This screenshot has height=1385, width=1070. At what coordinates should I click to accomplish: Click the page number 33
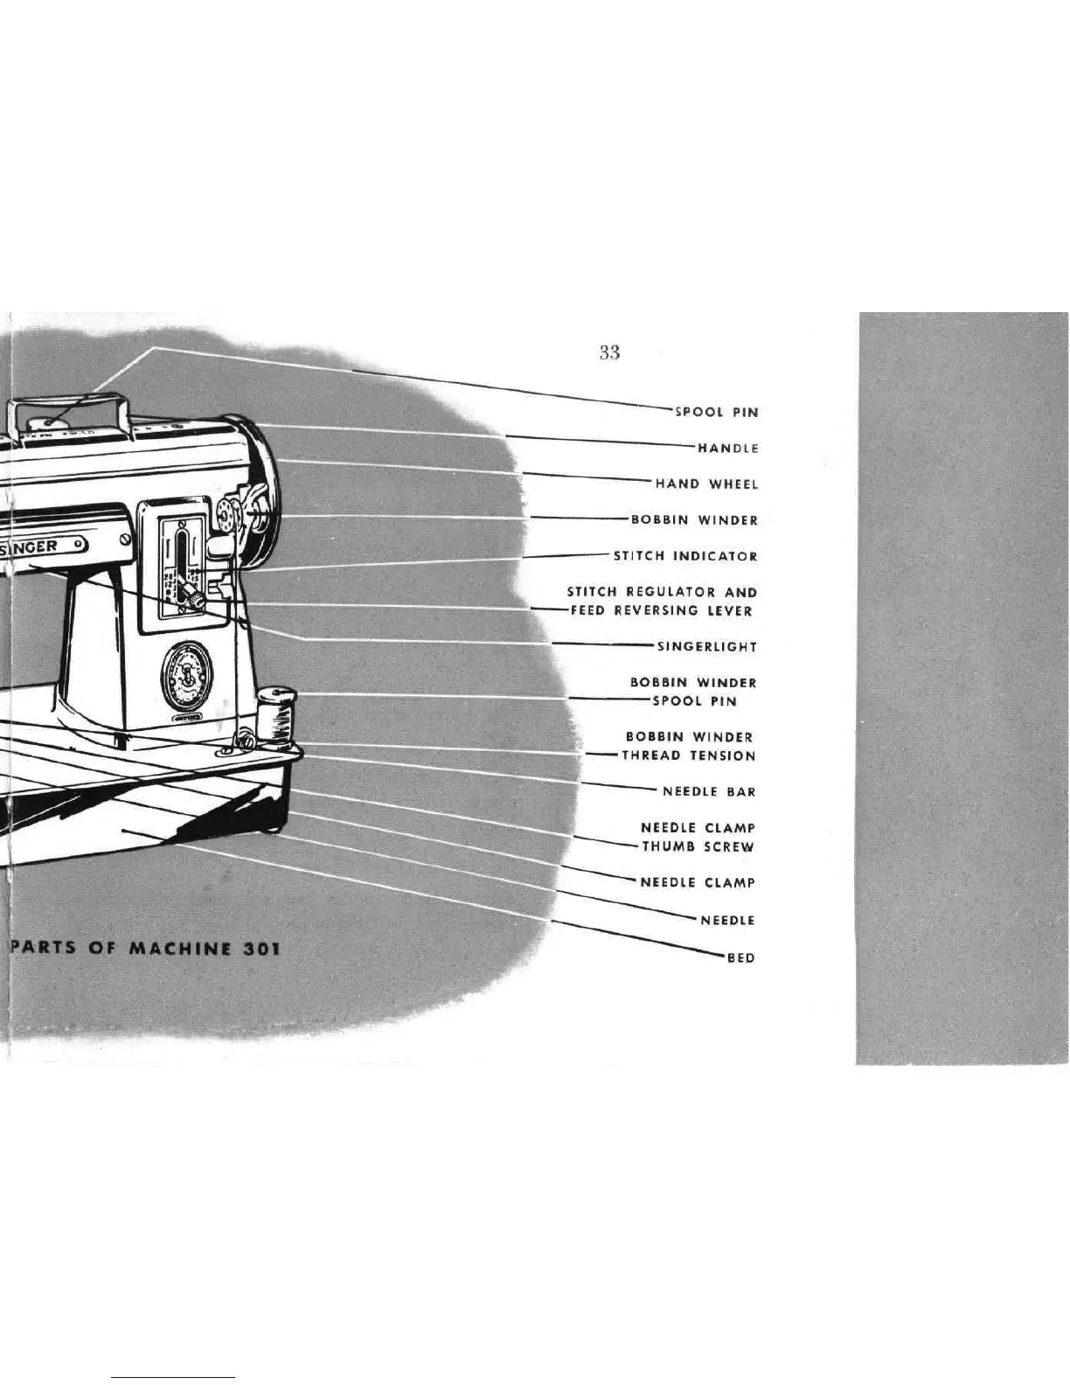609,352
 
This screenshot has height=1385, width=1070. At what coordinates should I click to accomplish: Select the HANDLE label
727,449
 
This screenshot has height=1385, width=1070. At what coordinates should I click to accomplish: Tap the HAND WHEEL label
706,484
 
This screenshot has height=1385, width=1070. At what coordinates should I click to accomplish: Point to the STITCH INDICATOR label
685,556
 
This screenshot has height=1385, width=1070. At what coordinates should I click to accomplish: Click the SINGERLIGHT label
706,647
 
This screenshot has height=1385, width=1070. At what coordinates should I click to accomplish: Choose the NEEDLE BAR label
709,792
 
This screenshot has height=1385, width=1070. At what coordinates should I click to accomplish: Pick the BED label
741,958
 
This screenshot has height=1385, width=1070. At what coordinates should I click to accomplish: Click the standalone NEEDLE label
727,921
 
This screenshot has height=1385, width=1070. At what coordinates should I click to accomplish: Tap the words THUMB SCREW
698,847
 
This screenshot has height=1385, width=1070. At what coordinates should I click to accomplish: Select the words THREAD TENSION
688,756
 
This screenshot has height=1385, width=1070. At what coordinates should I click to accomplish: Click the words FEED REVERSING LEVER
661,611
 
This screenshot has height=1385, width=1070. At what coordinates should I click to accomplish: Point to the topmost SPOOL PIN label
716,413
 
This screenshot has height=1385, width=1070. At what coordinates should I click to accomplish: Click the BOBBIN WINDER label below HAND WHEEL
694,520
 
